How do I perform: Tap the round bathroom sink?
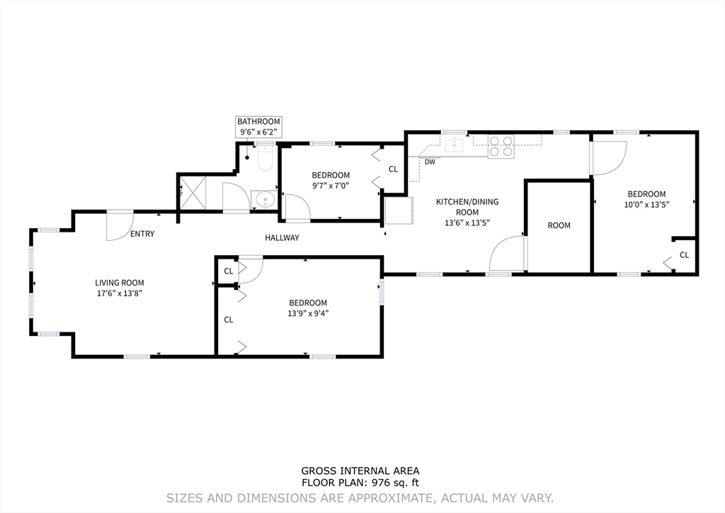tap(265, 201)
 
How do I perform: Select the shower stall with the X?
tap(192, 193)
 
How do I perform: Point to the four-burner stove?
tap(501, 146)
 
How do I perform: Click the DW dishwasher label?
tap(430, 162)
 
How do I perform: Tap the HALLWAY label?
tap(282, 238)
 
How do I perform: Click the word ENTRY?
tap(142, 234)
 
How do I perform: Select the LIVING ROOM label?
tap(119, 283)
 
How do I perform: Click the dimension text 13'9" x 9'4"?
tap(308, 313)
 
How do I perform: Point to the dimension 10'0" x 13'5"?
tap(646, 205)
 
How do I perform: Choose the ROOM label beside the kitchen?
tap(559, 226)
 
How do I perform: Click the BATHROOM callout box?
tap(258, 127)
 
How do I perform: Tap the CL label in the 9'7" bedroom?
tap(393, 169)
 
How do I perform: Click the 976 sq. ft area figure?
tap(394, 483)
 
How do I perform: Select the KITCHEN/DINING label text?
tap(467, 202)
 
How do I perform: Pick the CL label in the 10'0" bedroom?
tap(685, 255)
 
